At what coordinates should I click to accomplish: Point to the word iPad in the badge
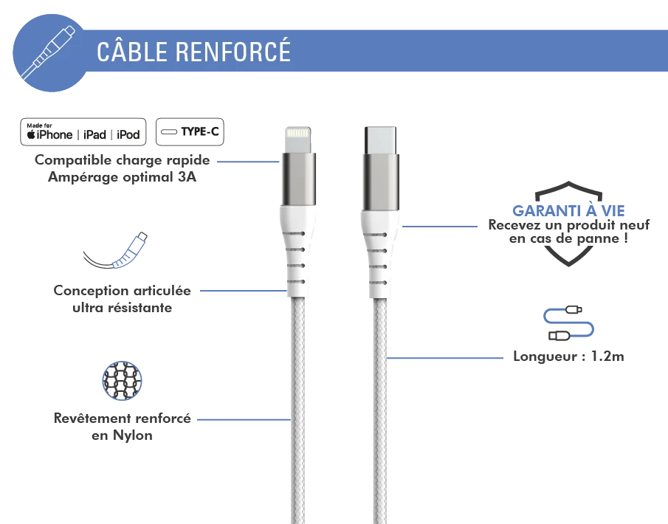click(x=94, y=135)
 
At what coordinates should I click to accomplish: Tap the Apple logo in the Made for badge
click(x=32, y=135)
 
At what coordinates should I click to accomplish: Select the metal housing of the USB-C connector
click(x=379, y=182)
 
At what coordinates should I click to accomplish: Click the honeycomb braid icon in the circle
click(x=121, y=381)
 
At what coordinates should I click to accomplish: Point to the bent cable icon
click(x=118, y=252)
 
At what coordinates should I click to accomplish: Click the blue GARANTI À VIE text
click(x=569, y=210)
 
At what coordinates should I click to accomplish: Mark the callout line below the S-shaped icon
click(x=447, y=358)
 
